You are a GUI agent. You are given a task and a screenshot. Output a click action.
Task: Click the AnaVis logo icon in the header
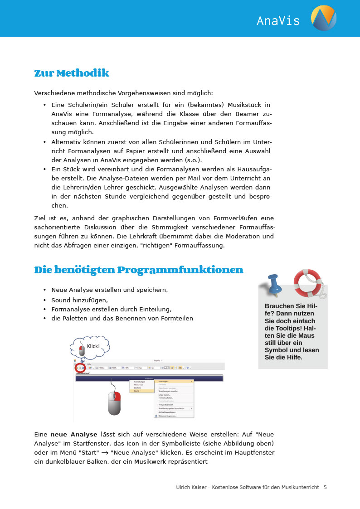[323, 18]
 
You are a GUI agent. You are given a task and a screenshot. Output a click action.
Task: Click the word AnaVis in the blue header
[278, 20]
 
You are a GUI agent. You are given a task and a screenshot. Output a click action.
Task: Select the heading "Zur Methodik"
[72, 73]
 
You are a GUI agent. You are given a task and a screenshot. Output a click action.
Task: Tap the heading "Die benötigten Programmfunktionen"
[139, 270]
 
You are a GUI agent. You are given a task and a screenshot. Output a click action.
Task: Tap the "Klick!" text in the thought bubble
[93, 346]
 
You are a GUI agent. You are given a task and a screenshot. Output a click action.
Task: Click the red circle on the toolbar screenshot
[80, 367]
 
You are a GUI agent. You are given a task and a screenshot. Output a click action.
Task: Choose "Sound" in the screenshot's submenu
[137, 391]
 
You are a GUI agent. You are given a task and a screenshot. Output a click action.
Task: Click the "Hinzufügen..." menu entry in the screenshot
[164, 382]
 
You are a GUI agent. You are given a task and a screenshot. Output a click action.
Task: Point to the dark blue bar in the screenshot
[149, 378]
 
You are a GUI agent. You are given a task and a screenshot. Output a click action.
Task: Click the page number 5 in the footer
[325, 487]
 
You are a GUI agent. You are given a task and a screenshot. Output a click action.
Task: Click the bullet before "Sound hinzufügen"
[44, 300]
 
